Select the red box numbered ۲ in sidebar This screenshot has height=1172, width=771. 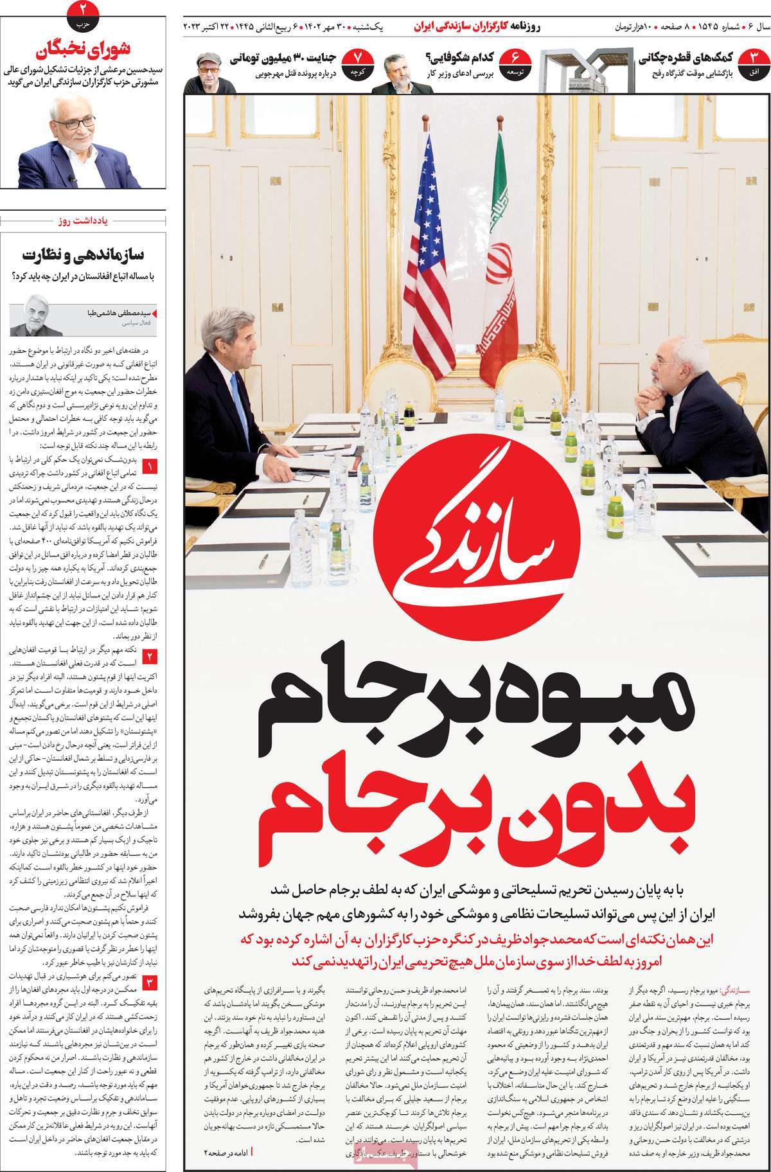click(x=149, y=656)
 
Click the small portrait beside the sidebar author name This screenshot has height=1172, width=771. click(x=38, y=316)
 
